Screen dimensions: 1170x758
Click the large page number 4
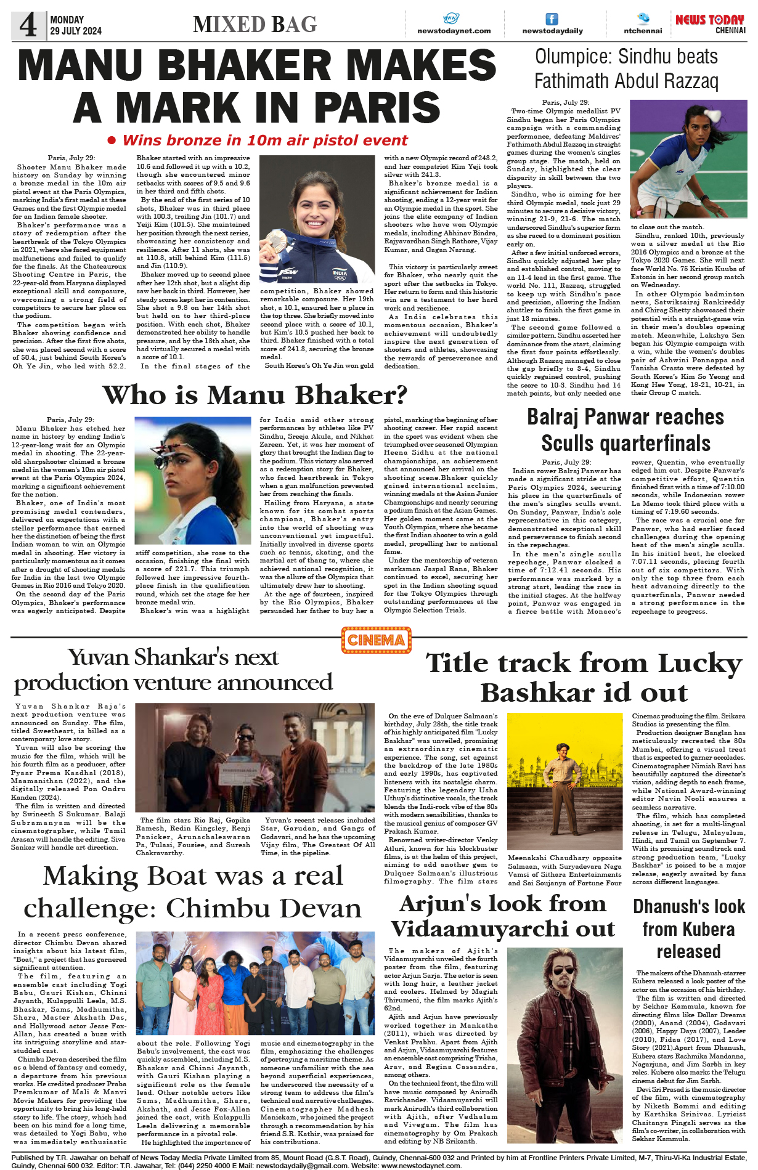pyautogui.click(x=28, y=25)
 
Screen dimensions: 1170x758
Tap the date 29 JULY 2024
pyautogui.click(x=76, y=31)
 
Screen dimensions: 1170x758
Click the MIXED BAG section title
pyautogui.click(x=255, y=25)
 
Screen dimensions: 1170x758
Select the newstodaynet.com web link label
pyautogui.click(x=454, y=31)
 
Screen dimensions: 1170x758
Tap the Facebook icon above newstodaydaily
pyautogui.click(x=552, y=19)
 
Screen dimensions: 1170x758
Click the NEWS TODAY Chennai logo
pyautogui.click(x=710, y=23)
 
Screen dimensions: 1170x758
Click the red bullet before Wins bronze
pyautogui.click(x=112, y=140)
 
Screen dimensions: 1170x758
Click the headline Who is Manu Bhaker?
pyautogui.click(x=255, y=395)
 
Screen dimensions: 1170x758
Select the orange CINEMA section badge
pyautogui.click(x=376, y=640)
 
